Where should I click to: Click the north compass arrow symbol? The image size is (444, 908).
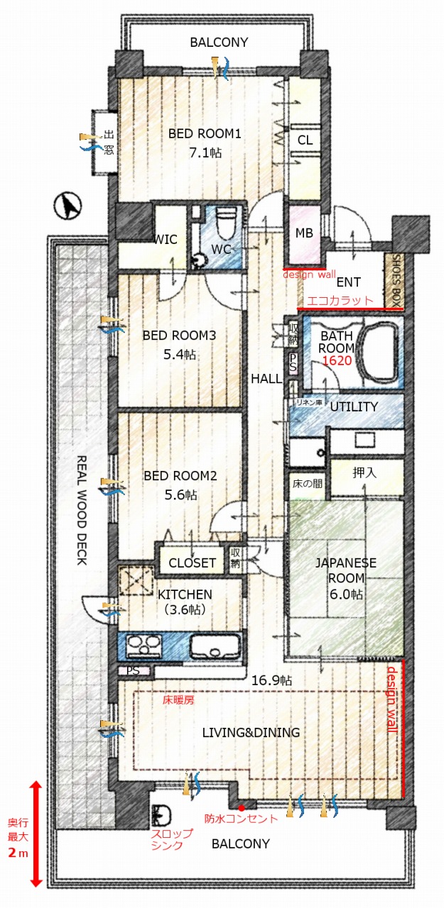click(x=67, y=206)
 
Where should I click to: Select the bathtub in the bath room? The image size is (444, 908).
click(x=379, y=352)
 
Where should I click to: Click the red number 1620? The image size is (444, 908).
click(x=337, y=360)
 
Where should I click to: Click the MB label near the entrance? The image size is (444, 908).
click(x=304, y=233)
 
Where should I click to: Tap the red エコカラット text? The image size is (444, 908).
click(x=340, y=300)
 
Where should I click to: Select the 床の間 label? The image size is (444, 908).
click(x=307, y=483)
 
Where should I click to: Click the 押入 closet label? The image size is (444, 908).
click(x=364, y=472)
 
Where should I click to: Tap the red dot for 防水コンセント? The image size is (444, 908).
click(x=241, y=807)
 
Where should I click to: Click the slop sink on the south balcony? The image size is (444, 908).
click(x=161, y=815)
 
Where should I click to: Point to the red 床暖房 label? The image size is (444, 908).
click(x=178, y=699)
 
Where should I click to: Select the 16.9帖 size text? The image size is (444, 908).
click(x=271, y=680)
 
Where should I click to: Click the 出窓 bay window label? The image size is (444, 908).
click(x=109, y=143)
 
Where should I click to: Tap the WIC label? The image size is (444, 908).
click(x=166, y=239)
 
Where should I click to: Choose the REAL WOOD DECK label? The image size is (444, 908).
click(x=82, y=510)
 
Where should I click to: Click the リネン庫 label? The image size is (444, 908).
click(x=309, y=402)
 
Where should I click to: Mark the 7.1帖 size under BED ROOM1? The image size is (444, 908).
click(x=205, y=153)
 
